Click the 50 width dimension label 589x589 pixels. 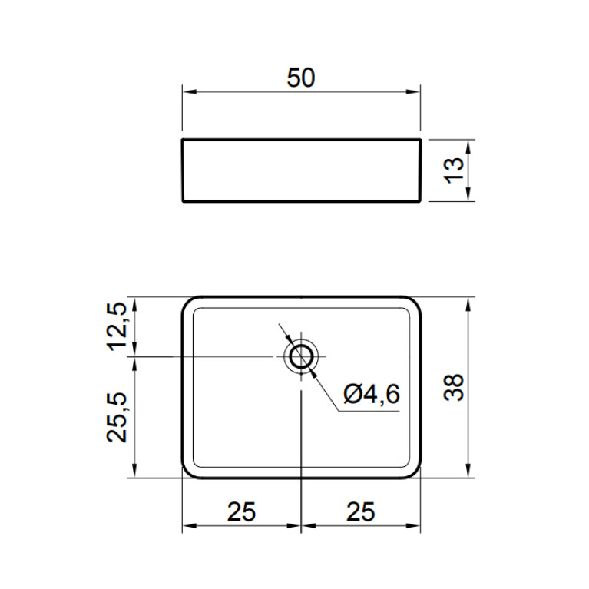pyautogui.click(x=301, y=78)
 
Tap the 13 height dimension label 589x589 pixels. pyautogui.click(x=454, y=170)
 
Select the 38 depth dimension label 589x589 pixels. pyautogui.click(x=454, y=388)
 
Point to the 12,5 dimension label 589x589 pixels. pyautogui.click(x=117, y=326)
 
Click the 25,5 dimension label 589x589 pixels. pyautogui.click(x=117, y=417)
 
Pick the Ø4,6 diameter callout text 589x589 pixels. pyautogui.click(x=372, y=394)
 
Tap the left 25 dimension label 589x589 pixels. pyautogui.click(x=241, y=511)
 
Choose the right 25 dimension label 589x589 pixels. pyautogui.click(x=361, y=511)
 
